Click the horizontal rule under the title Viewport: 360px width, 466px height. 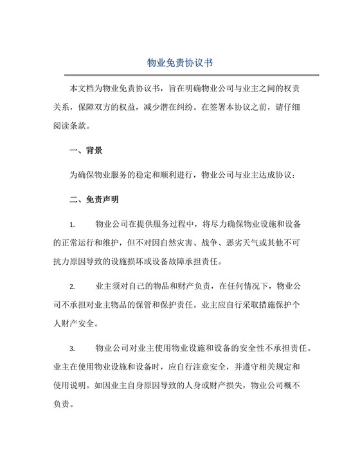click(180, 75)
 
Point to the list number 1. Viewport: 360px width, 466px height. click(72, 224)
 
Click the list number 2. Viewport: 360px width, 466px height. click(72, 285)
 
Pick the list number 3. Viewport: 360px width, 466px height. click(72, 348)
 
